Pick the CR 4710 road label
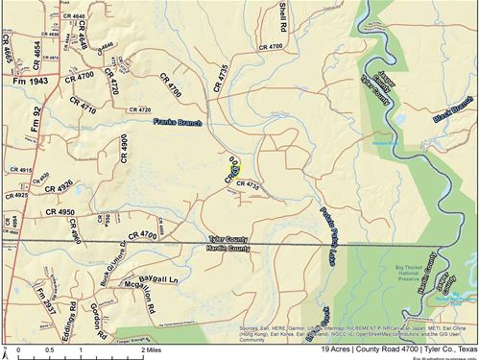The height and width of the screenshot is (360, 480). [x=84, y=102]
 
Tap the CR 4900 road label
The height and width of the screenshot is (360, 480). [x=123, y=153]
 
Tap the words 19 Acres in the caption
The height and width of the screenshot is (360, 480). [x=309, y=351]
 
